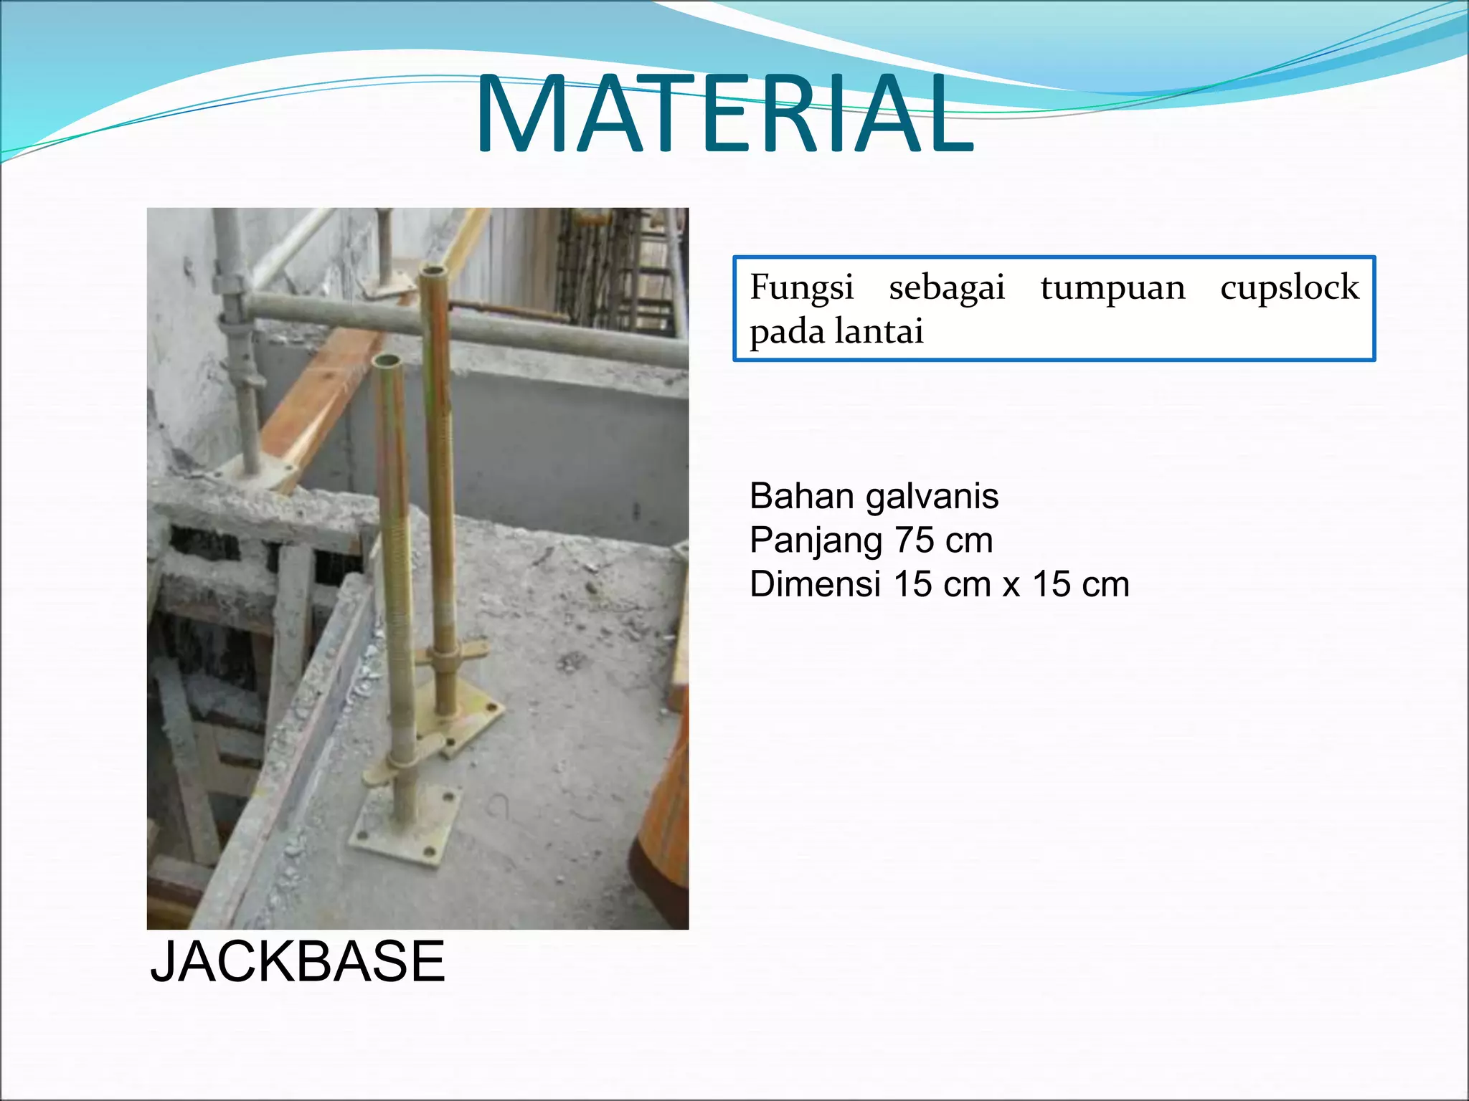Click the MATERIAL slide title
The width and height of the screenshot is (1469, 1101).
(724, 115)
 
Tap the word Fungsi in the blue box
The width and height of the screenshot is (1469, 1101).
(801, 288)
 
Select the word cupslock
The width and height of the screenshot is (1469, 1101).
(1289, 288)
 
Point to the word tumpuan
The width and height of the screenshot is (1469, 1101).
(1113, 288)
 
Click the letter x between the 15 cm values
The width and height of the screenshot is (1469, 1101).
(1011, 586)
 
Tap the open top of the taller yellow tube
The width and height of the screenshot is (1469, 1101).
(434, 272)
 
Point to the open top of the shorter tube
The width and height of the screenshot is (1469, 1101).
(387, 360)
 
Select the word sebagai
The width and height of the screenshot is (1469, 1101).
(947, 288)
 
